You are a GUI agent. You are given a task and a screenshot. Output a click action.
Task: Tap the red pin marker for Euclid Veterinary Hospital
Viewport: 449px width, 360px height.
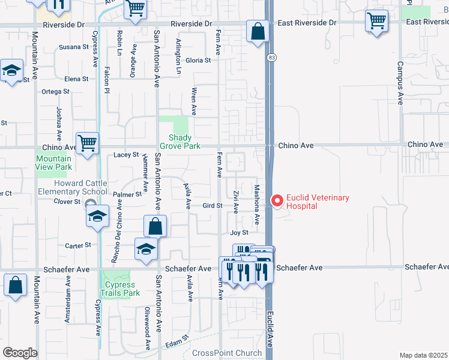[x=277, y=201]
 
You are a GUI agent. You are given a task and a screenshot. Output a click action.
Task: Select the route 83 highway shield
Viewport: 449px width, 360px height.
[x=271, y=57]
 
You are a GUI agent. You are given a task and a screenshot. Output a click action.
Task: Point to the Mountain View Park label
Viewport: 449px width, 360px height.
[x=53, y=163]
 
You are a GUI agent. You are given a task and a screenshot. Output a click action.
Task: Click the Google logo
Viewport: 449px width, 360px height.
[x=20, y=352]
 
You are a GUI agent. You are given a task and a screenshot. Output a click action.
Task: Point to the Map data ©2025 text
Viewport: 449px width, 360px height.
[x=423, y=355]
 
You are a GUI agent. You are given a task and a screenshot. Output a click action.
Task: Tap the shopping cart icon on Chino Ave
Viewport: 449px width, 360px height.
[x=88, y=144]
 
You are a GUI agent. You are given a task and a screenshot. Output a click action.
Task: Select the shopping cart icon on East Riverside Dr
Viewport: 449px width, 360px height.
[x=376, y=21]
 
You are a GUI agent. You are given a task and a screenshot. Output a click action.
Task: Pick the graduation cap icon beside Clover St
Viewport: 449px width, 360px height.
[x=97, y=217]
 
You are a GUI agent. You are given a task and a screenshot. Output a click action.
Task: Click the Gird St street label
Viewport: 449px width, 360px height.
[x=212, y=205]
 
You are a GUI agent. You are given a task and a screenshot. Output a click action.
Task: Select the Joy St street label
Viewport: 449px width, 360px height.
[x=239, y=232]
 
